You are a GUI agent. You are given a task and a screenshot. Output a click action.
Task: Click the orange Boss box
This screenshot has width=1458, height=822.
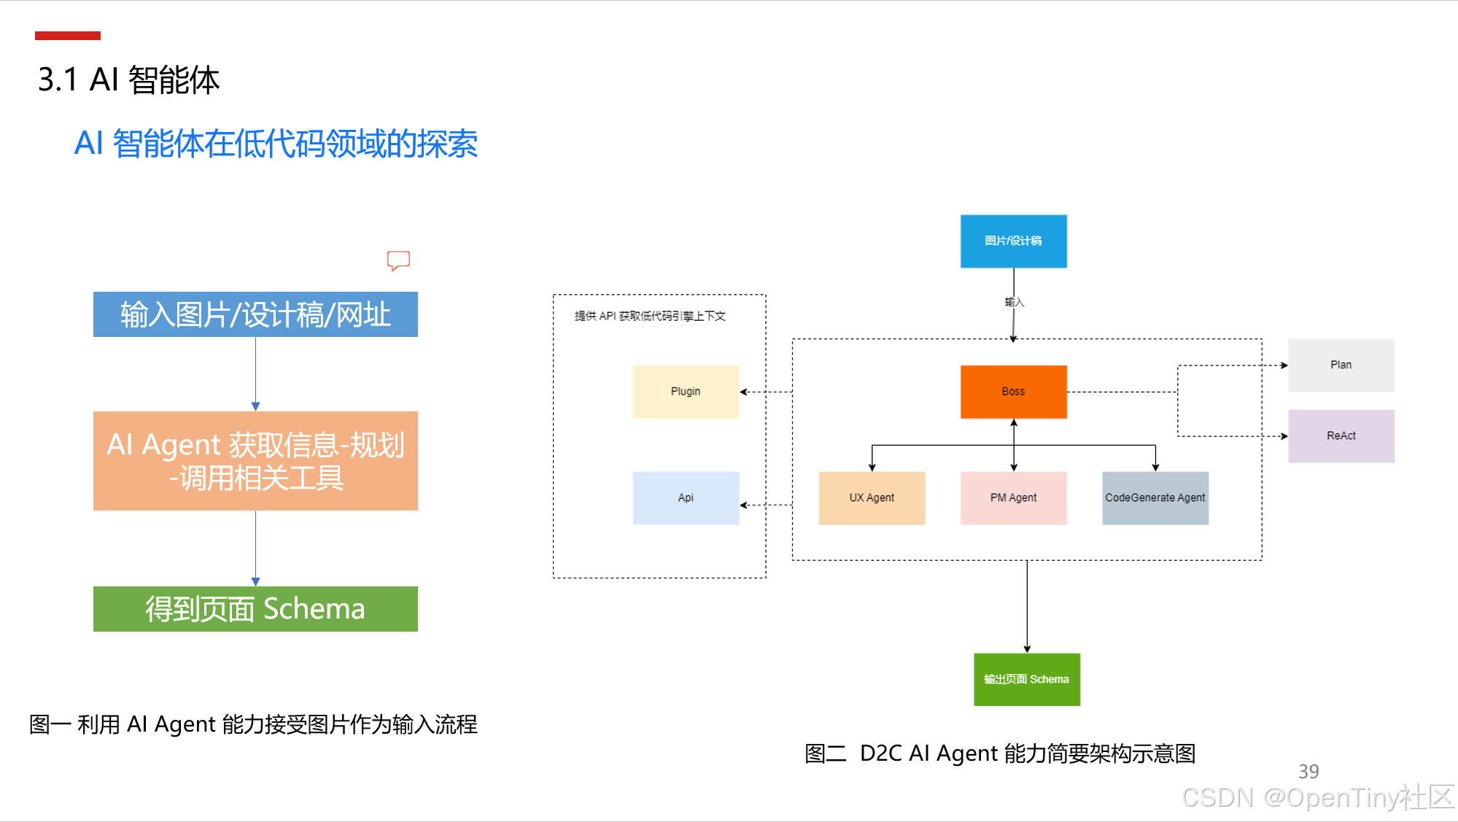click(1013, 392)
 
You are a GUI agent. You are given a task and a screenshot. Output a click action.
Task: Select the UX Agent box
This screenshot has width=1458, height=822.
click(872, 498)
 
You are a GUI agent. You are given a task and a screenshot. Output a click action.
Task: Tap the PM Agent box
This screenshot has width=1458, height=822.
click(1013, 498)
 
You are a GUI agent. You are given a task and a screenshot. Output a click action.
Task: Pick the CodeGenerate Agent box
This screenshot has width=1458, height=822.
click(1155, 498)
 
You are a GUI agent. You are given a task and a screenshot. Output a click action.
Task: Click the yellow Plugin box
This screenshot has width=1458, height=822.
click(686, 392)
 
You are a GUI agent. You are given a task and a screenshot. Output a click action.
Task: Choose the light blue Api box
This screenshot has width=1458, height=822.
click(686, 498)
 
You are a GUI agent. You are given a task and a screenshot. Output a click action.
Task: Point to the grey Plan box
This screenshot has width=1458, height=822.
click(1341, 365)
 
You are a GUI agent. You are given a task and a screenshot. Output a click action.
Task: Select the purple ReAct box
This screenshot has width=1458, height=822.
click(1341, 436)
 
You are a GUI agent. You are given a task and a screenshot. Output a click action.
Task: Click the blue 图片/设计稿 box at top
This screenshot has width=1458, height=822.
click(1013, 241)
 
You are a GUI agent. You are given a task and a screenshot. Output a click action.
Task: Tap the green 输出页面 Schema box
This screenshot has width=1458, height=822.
click(1026, 680)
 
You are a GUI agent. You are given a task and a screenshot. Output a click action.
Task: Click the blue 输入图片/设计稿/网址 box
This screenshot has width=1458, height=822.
click(255, 314)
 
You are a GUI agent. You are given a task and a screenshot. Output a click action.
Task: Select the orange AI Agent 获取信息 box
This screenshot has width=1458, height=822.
click(255, 461)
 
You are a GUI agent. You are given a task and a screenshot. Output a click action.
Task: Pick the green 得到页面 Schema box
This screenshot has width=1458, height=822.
click(255, 609)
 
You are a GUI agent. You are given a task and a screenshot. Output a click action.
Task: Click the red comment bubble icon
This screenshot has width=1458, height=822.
click(398, 260)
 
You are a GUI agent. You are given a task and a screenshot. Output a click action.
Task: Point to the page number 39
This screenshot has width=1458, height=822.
click(1308, 772)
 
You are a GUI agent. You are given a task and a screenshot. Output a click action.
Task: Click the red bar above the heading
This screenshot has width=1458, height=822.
click(68, 36)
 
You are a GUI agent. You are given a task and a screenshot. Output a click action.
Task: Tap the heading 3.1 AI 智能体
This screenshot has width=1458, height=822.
click(128, 80)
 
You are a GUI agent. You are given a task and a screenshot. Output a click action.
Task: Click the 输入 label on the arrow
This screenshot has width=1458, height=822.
click(1015, 302)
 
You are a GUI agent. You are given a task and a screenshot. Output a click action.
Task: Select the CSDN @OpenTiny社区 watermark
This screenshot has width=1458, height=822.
click(1317, 797)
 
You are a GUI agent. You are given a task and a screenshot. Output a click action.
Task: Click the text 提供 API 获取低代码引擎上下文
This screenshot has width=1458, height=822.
click(650, 316)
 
